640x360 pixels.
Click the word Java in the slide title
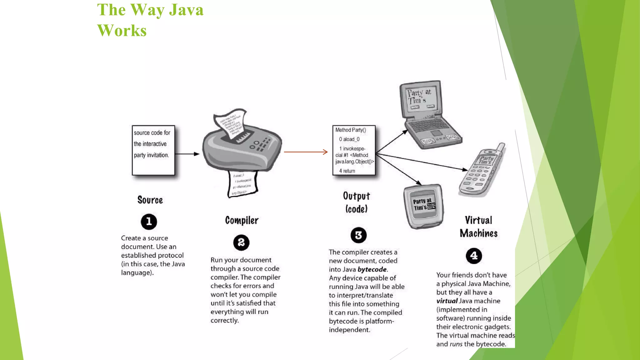pos(186,10)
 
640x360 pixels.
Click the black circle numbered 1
pos(149,222)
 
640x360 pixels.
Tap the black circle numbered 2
pos(241,242)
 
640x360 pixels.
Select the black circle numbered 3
pos(358,235)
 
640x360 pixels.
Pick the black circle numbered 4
pos(474,256)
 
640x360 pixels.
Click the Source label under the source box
pos(150,200)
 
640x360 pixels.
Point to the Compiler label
pos(242,220)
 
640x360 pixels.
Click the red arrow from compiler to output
pos(305,152)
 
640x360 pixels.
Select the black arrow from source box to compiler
pos(187,154)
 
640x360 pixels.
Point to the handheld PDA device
pos(423,206)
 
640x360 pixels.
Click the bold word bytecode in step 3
pos(372,269)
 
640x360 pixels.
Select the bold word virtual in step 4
pos(447,301)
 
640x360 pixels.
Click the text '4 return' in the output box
pos(347,171)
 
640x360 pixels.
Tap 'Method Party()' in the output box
pos(351,130)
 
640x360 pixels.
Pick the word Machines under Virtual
pos(478,233)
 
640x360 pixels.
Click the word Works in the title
pos(122,31)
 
